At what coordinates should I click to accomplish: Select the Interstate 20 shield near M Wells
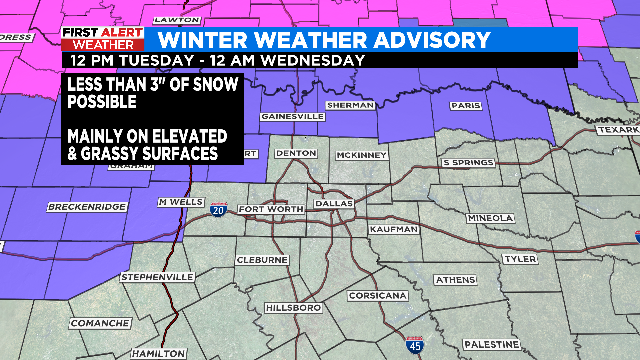pos(219,208)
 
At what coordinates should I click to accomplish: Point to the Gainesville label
pos(294,116)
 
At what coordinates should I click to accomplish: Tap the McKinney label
pos(360,154)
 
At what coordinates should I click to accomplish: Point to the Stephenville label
pos(155,276)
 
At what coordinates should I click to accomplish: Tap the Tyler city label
pos(520,258)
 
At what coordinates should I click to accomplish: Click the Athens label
pos(456,279)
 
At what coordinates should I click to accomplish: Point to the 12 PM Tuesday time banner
pos(216,60)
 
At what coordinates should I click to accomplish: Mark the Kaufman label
pos(393,229)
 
